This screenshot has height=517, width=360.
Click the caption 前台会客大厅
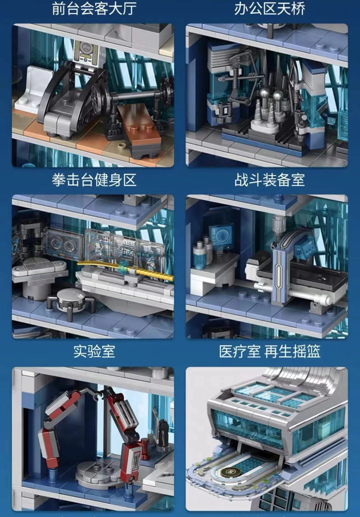tap(94, 8)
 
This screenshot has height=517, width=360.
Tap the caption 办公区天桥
tap(269, 8)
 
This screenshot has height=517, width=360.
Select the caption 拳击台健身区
tap(94, 180)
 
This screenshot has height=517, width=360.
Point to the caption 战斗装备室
tap(269, 180)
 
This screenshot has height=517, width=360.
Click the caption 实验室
tap(94, 351)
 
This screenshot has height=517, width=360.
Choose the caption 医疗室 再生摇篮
tap(269, 351)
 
